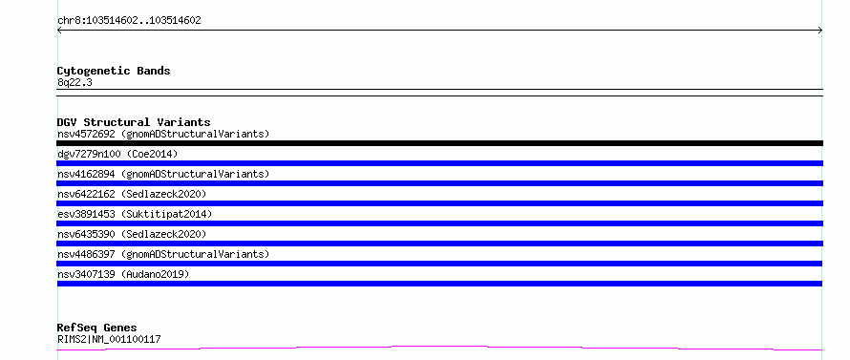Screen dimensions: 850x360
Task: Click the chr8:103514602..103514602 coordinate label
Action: (x=129, y=21)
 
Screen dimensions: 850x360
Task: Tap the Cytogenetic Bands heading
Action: (x=114, y=71)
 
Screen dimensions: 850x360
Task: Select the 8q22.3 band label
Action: (x=74, y=82)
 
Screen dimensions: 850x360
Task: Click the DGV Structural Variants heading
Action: (x=134, y=122)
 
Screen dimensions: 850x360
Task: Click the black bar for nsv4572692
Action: (x=439, y=143)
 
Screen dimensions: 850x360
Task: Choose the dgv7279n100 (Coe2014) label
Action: (x=117, y=154)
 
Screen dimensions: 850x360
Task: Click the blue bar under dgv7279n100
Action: (x=439, y=163)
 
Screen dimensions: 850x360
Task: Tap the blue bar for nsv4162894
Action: (x=439, y=183)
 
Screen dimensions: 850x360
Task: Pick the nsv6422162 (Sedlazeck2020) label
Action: (x=132, y=194)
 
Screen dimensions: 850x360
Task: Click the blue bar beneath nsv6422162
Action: (x=439, y=203)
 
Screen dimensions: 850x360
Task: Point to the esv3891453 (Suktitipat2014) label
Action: (x=135, y=214)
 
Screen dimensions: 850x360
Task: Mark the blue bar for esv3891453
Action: (x=439, y=223)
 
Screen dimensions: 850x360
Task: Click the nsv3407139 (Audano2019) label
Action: (x=123, y=274)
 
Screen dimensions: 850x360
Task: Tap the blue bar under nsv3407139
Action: (x=439, y=284)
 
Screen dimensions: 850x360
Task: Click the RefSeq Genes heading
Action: (x=96, y=328)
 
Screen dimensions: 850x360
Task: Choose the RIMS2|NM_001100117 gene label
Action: (x=109, y=339)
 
